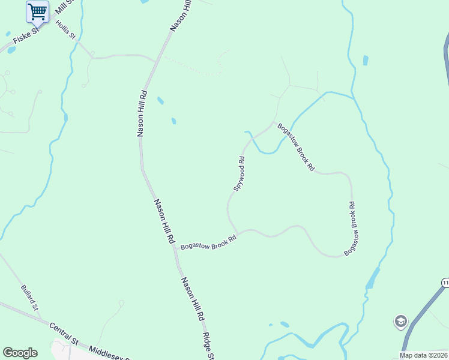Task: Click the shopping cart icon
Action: (x=37, y=11)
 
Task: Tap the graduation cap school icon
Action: (x=400, y=322)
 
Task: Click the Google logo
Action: (x=20, y=353)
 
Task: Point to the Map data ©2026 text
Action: (x=423, y=355)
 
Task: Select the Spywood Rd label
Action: (x=240, y=173)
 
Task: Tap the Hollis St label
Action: (x=66, y=30)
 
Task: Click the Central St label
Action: (x=64, y=334)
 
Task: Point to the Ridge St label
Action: (x=208, y=346)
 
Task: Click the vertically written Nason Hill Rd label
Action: (x=142, y=113)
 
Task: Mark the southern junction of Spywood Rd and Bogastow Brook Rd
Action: (x=238, y=232)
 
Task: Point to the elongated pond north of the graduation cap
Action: (x=373, y=278)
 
